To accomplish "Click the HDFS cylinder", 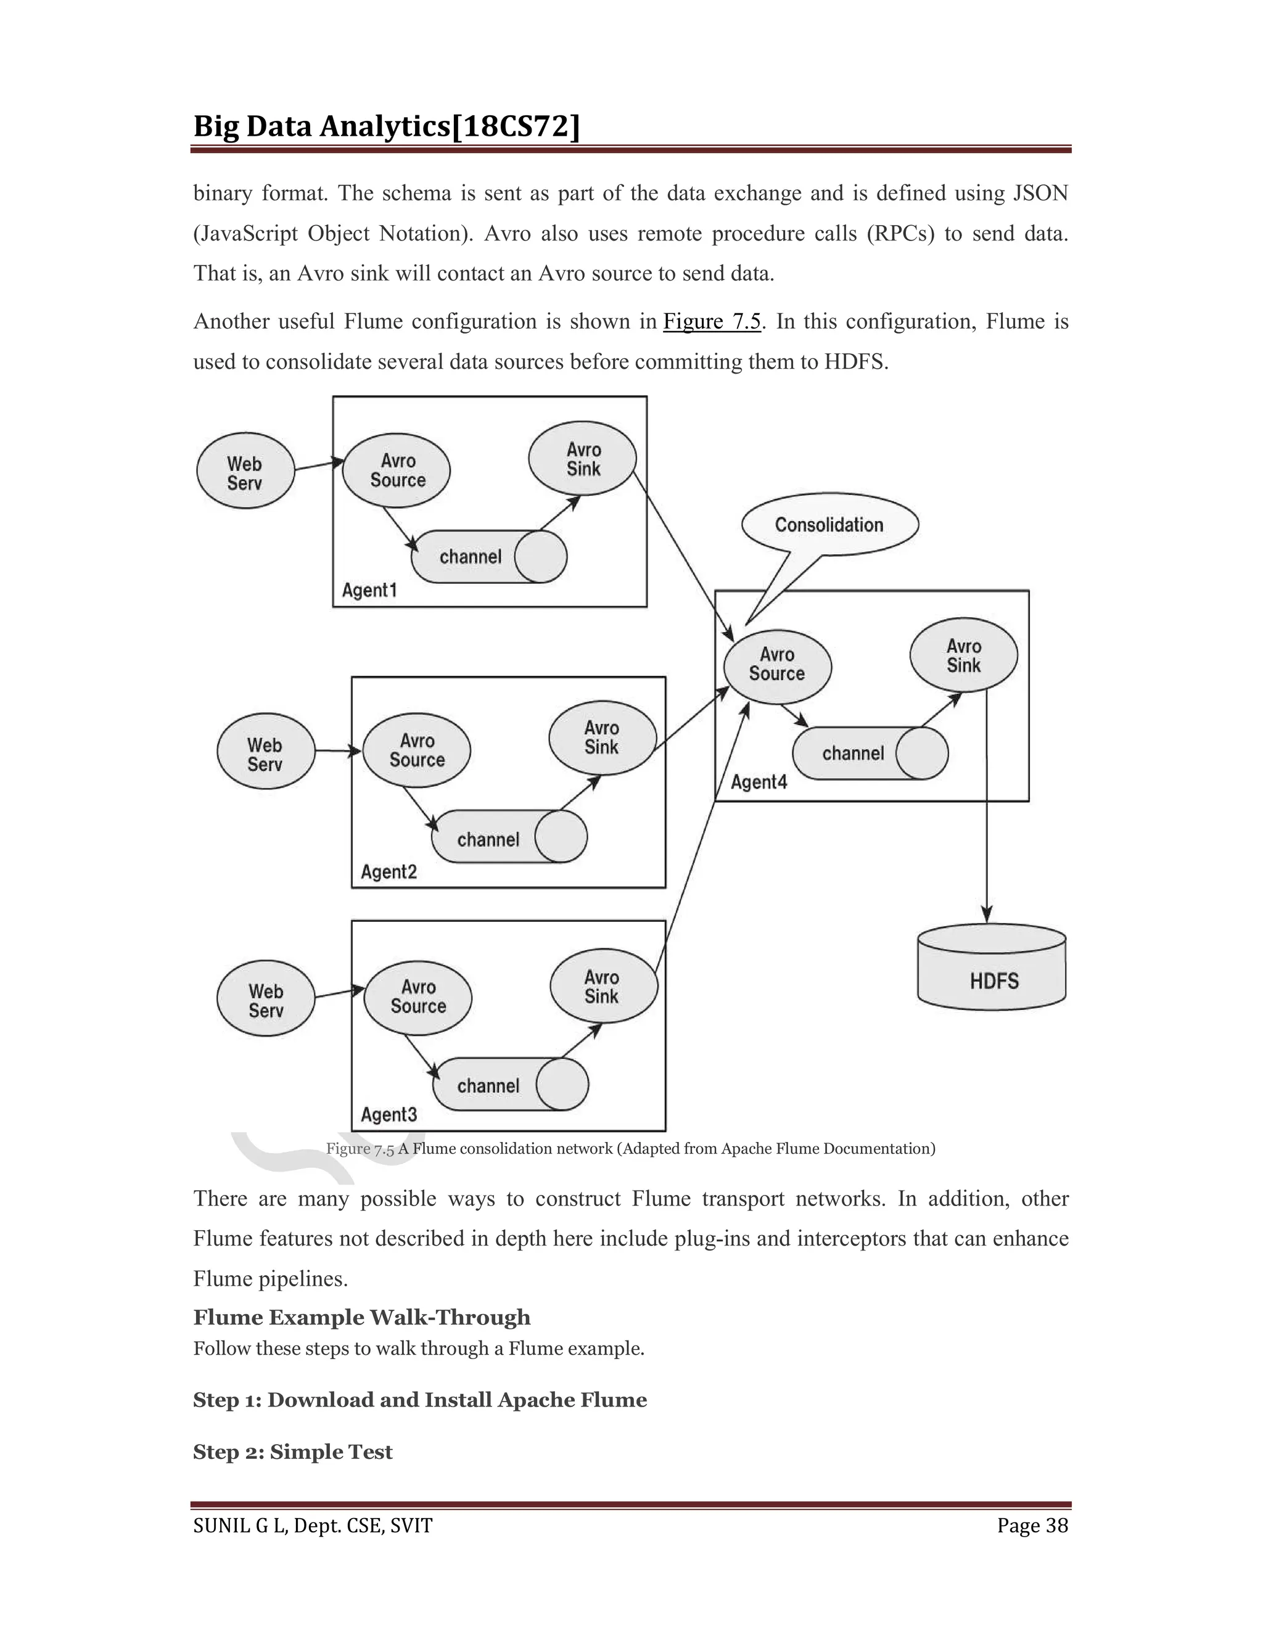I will click(x=992, y=968).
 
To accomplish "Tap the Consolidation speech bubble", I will click(x=829, y=525).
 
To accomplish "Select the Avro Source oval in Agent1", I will click(x=397, y=470).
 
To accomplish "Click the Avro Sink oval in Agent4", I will click(x=964, y=655).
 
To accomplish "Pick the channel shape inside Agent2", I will click(x=509, y=838).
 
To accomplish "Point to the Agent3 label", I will click(x=389, y=1115).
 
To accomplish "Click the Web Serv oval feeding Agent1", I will click(x=245, y=471).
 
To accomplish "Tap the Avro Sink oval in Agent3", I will click(x=603, y=986).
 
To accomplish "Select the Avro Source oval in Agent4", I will click(x=778, y=665).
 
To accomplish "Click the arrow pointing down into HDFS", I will click(x=987, y=823).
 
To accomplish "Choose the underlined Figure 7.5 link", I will click(x=712, y=322).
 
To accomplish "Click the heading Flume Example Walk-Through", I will click(x=361, y=1317).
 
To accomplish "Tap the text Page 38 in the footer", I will click(x=1032, y=1525).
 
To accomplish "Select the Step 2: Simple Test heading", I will click(x=292, y=1451).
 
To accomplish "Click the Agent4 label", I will click(x=759, y=782).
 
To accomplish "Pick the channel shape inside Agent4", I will click(x=870, y=753).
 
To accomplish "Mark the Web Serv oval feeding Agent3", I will click(x=266, y=1000).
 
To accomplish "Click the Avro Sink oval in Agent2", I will click(x=603, y=737).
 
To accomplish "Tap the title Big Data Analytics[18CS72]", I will click(x=387, y=126).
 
